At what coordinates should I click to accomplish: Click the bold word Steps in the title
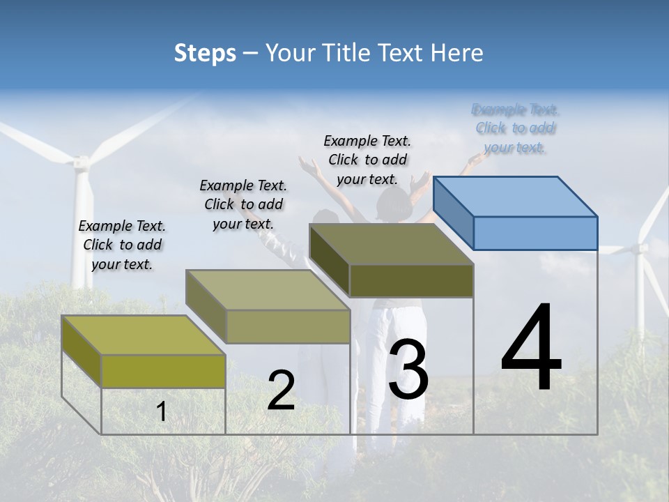(x=205, y=53)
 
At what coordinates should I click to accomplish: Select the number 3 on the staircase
(x=408, y=370)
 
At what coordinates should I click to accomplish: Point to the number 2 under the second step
(x=281, y=391)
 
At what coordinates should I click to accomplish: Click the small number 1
(x=162, y=412)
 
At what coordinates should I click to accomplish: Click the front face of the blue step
(x=535, y=233)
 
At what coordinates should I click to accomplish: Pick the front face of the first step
(x=163, y=371)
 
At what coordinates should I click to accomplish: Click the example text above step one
(x=122, y=245)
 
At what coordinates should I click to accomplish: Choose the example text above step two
(x=243, y=204)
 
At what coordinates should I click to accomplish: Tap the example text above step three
(x=367, y=160)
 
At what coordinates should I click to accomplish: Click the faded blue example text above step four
(x=515, y=128)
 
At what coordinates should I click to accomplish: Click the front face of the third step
(x=411, y=281)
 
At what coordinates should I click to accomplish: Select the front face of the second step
(x=288, y=326)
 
